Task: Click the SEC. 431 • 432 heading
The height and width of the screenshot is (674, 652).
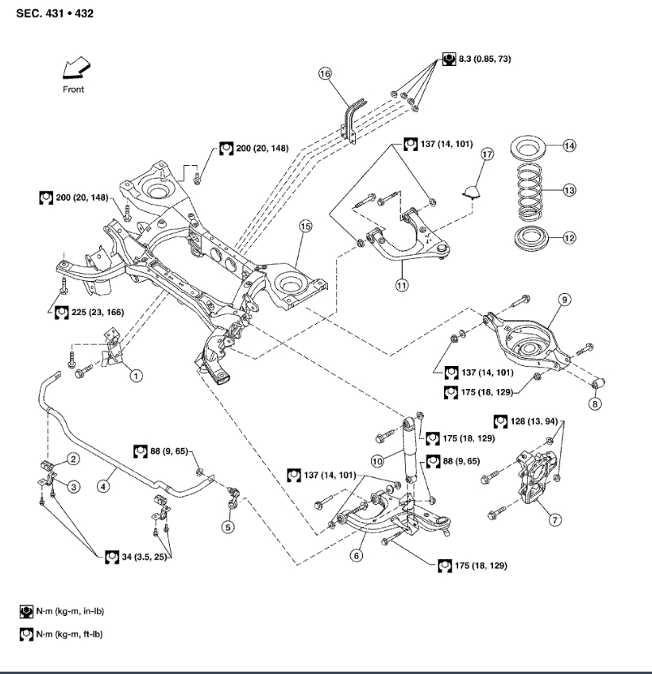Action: [x=55, y=13]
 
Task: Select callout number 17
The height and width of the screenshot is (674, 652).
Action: [x=487, y=155]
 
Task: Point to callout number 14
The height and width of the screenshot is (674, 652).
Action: [x=569, y=145]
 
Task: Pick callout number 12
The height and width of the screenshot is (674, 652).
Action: [x=569, y=237]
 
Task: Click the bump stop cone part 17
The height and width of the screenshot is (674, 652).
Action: [x=475, y=188]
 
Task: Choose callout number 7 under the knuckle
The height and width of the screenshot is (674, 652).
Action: [x=555, y=520]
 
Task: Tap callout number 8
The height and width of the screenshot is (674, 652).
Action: [x=595, y=403]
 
